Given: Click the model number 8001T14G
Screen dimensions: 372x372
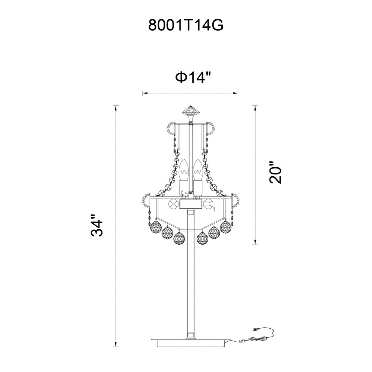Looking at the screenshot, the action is [186, 25].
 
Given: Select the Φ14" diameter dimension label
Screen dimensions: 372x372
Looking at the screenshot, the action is [192, 77].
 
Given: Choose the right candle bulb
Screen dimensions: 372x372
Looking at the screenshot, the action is [198, 170].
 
